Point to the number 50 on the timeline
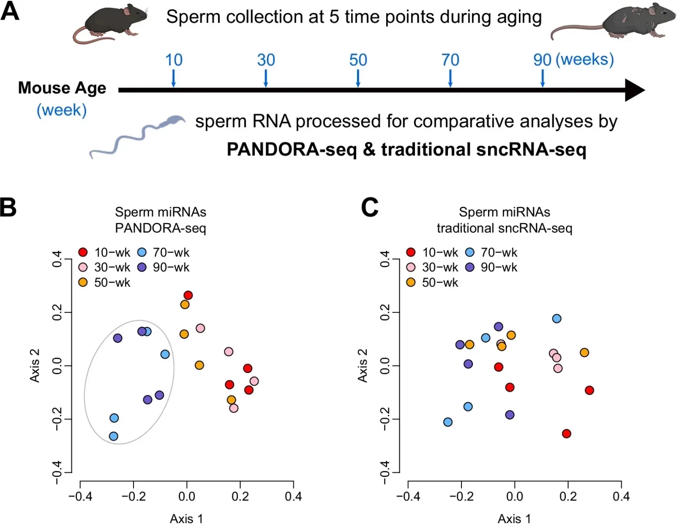358,60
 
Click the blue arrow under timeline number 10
174,78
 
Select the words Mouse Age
62,88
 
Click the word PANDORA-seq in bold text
291,150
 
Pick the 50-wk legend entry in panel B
104,282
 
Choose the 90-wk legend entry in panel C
491,267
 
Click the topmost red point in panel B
188,296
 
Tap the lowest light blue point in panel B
114,436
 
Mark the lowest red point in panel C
566,434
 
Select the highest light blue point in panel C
557,319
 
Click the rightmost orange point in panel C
585,353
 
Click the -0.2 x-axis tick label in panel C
461,496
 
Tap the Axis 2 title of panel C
362,366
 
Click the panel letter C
370,207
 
